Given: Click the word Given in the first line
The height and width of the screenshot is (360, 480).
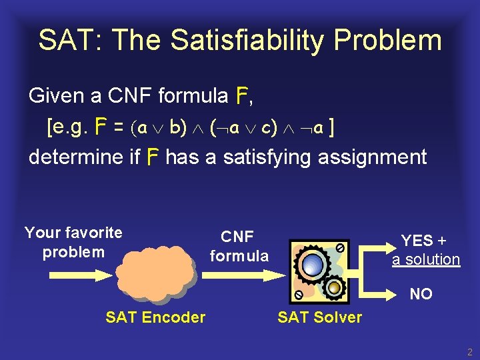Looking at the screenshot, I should click(x=56, y=96).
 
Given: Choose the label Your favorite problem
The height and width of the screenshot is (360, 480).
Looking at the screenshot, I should click(x=73, y=242).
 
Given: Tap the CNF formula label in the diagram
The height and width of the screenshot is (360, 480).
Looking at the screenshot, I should click(x=239, y=246).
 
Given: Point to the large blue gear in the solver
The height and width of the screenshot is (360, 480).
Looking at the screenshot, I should click(x=312, y=264).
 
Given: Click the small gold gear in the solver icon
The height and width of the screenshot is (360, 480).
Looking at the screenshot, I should click(x=335, y=287).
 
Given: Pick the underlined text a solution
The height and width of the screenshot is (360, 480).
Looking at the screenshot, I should click(x=426, y=259).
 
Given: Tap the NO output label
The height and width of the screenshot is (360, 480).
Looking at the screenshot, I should click(x=421, y=294).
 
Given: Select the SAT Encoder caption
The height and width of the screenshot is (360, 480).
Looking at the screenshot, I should click(x=155, y=317).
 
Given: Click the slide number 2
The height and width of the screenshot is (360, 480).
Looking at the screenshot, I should click(x=469, y=352).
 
